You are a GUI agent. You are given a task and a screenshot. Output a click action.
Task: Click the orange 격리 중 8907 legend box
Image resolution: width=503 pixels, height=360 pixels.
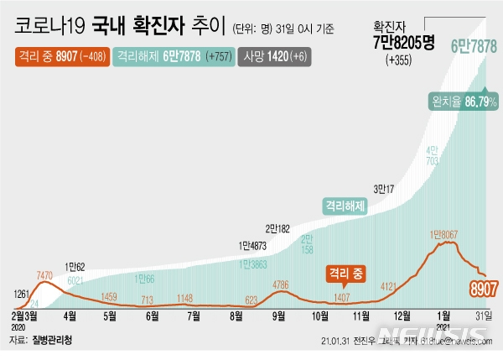59,58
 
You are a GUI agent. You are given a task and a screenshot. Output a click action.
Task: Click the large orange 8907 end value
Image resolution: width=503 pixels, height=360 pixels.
483,290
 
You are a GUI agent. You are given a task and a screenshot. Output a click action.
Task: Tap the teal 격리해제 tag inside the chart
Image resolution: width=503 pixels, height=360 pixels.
346,204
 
